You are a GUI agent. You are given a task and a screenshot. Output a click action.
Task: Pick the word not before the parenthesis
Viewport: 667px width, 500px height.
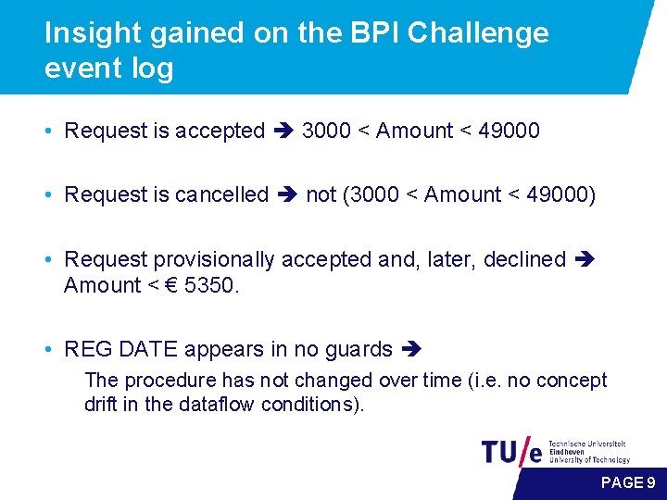click(321, 194)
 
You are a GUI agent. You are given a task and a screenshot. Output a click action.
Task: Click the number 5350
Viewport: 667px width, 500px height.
click(211, 285)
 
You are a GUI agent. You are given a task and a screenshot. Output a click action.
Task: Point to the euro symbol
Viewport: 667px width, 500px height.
click(171, 285)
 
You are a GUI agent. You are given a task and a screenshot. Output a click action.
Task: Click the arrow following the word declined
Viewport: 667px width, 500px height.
click(585, 260)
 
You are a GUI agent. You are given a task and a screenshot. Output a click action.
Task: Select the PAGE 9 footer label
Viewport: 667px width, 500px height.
click(628, 482)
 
